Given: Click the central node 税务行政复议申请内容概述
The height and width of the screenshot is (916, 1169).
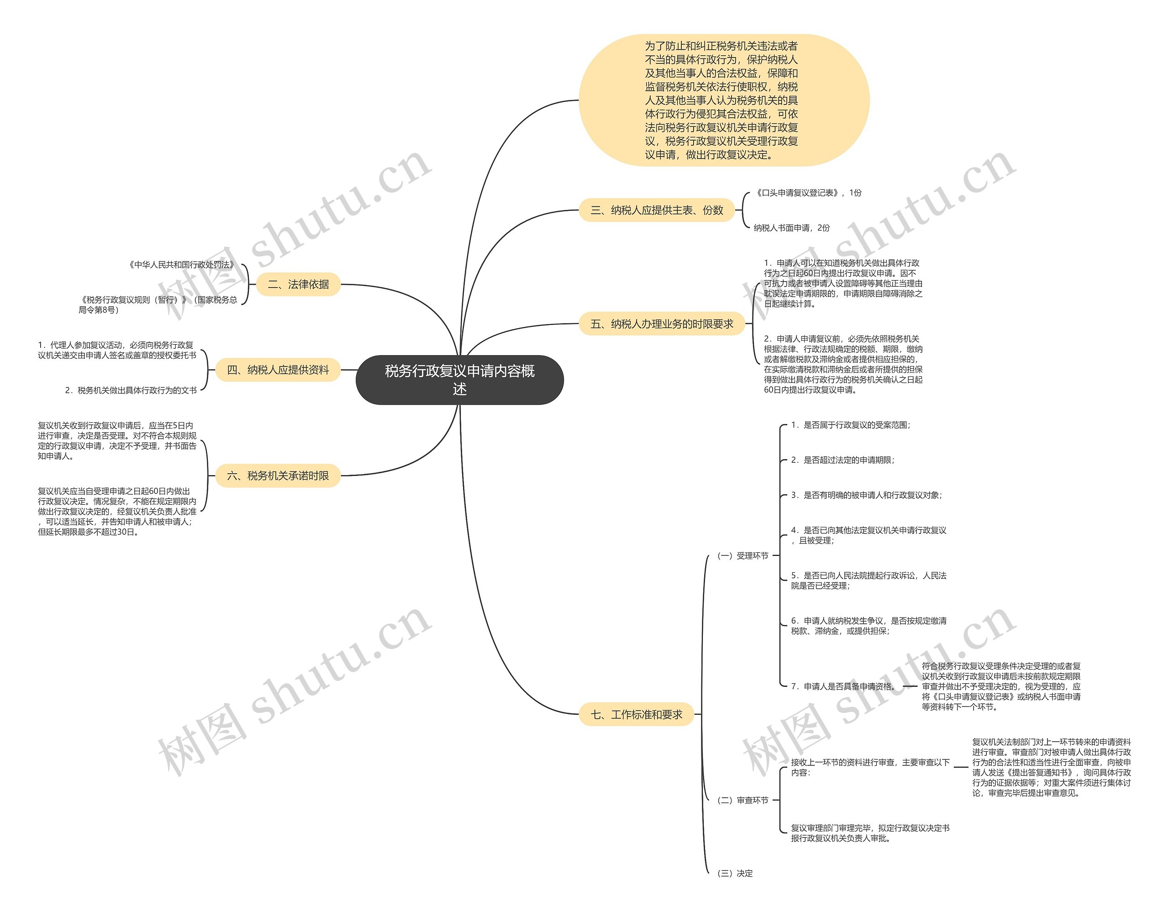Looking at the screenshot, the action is (x=459, y=379).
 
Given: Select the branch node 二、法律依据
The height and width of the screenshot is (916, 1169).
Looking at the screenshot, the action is (x=298, y=284).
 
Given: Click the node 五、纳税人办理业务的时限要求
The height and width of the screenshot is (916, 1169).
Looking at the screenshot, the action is (x=662, y=324).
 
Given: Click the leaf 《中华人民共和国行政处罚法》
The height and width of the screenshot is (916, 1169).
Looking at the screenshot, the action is (x=182, y=265).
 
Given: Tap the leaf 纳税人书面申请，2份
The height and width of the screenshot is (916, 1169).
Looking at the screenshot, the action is (x=791, y=228).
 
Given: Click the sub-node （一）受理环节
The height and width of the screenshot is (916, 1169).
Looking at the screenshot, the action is (x=742, y=555).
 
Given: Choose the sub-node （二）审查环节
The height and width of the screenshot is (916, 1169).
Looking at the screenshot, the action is (x=742, y=800).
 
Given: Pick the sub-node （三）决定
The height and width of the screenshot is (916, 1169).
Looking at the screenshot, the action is (x=735, y=873).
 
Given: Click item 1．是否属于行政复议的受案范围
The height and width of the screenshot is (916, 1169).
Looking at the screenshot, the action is (x=850, y=425).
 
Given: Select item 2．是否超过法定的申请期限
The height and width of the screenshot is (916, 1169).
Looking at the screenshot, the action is (x=843, y=460).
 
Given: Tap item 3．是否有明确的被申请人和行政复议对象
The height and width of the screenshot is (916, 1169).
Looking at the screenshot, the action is (x=866, y=495).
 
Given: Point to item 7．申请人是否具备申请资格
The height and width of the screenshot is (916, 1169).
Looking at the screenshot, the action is (x=843, y=686).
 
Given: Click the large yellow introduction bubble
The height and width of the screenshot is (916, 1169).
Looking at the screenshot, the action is (x=724, y=100).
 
